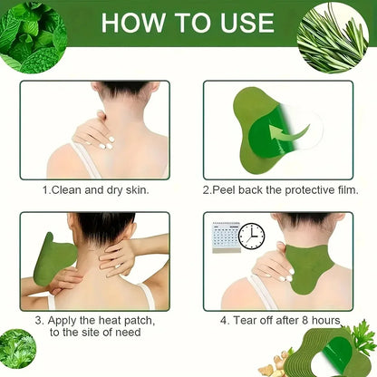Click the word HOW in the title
click(x=132, y=23)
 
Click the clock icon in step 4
click(x=251, y=236)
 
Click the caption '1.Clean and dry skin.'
click(x=94, y=192)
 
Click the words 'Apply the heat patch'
click(x=96, y=321)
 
